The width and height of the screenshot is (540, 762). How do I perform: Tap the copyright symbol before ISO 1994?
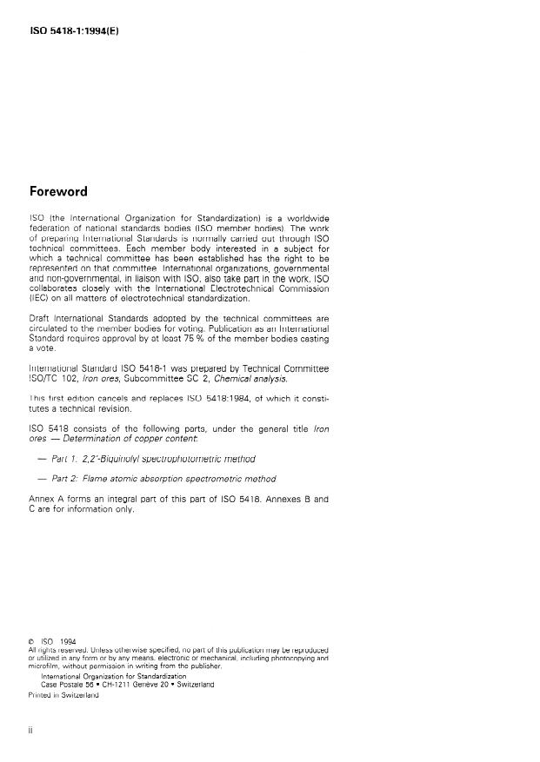(32, 642)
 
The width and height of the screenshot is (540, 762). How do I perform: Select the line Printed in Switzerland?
(64, 694)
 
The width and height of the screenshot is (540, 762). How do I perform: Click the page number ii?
(32, 732)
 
